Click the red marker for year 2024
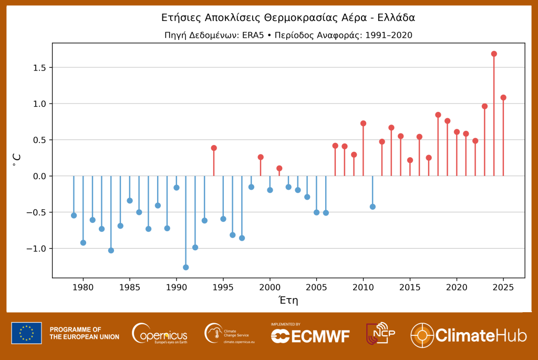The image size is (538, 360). click(x=494, y=54)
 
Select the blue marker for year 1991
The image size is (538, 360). click(x=185, y=267)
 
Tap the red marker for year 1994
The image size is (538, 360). click(x=214, y=148)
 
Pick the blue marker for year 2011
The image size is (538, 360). click(x=373, y=207)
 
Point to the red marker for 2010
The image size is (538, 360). click(x=363, y=123)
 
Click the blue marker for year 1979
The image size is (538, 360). click(x=74, y=215)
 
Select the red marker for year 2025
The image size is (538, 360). click(x=503, y=97)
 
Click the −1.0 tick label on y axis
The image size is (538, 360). click(x=38, y=249)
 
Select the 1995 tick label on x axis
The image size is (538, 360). click(x=223, y=287)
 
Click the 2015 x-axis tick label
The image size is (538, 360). click(x=410, y=287)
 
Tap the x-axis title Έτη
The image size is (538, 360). click(x=288, y=301)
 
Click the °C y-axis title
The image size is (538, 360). click(x=17, y=160)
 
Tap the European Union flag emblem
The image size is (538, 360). click(x=26, y=333)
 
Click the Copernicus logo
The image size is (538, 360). click(x=160, y=333)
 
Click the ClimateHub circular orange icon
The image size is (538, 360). click(x=422, y=335)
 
